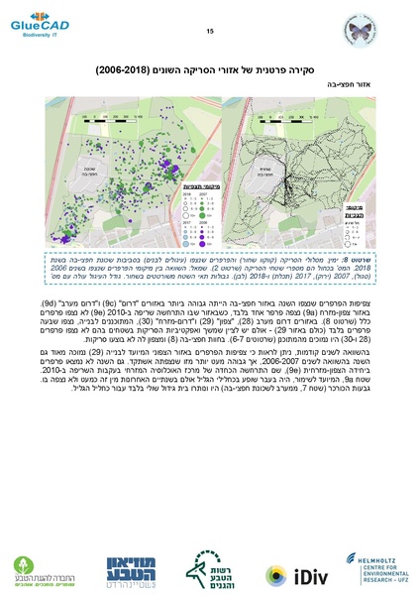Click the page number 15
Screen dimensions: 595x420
point(210,33)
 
